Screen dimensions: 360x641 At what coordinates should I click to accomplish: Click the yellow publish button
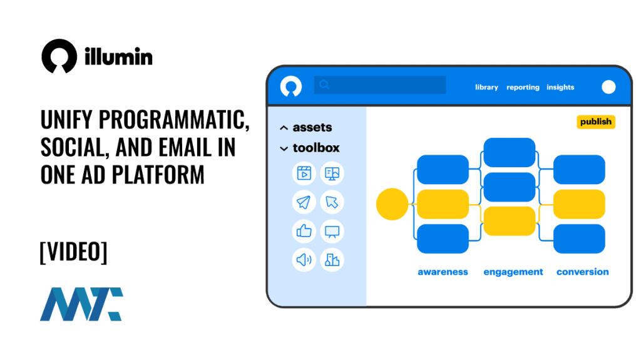click(595, 121)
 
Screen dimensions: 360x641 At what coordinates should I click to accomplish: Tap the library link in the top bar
click(486, 87)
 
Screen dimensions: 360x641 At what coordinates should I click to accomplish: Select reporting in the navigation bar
click(523, 87)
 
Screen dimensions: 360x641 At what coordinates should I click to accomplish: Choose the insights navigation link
click(560, 87)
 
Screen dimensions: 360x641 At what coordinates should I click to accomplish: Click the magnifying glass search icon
click(324, 85)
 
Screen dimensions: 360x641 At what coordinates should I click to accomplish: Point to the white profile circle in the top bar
click(608, 87)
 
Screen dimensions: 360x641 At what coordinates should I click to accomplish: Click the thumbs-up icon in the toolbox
click(304, 231)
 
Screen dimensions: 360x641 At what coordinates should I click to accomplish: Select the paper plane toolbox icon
click(304, 202)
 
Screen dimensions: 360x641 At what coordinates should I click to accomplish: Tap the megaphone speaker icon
click(304, 260)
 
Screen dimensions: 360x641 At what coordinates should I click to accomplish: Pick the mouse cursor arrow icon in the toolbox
click(332, 202)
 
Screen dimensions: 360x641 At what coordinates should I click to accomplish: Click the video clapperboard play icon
click(304, 173)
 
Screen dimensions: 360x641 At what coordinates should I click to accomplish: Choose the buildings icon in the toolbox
click(332, 260)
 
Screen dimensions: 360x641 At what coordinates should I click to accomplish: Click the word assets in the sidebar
click(312, 127)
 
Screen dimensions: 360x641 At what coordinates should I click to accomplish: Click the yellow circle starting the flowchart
click(392, 204)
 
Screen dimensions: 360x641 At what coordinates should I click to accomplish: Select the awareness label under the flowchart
click(443, 272)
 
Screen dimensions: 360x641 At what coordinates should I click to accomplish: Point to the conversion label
click(582, 272)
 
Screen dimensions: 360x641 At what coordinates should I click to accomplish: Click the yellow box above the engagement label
click(510, 220)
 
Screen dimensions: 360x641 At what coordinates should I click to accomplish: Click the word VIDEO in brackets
click(73, 252)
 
